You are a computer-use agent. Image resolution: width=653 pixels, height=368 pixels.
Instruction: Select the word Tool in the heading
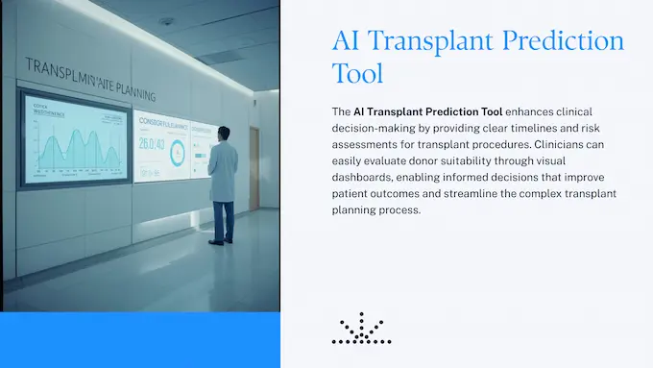tap(358, 74)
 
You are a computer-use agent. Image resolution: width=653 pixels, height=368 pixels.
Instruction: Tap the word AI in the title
tap(349, 41)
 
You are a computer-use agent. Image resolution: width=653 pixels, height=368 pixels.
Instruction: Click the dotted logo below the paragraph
tap(361, 329)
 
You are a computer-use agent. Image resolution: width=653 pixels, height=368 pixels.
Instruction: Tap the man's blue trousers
tap(224, 220)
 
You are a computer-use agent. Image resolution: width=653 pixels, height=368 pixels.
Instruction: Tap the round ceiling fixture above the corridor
tap(168, 20)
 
